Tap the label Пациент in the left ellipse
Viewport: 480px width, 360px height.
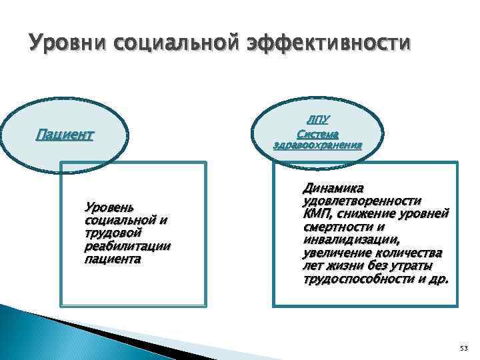[64, 135]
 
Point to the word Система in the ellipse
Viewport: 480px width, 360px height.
[318, 133]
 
